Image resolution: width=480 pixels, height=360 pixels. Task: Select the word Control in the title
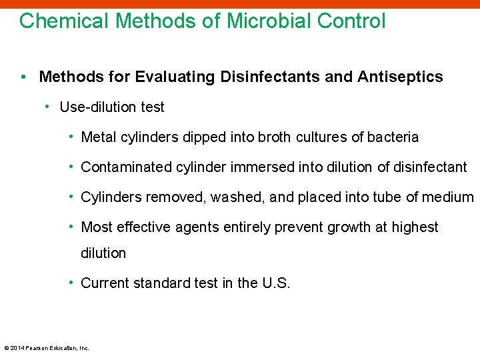coord(351,21)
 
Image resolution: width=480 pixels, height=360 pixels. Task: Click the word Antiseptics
coord(400,77)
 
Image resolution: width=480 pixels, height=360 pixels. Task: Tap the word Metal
coord(98,137)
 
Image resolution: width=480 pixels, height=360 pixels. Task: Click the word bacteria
coord(392,137)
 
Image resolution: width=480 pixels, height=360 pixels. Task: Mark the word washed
coord(233,197)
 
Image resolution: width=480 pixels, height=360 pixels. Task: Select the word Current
coord(105,283)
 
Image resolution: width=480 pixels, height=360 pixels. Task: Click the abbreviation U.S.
coord(276,283)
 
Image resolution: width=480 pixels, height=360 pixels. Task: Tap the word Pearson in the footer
coord(37,347)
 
